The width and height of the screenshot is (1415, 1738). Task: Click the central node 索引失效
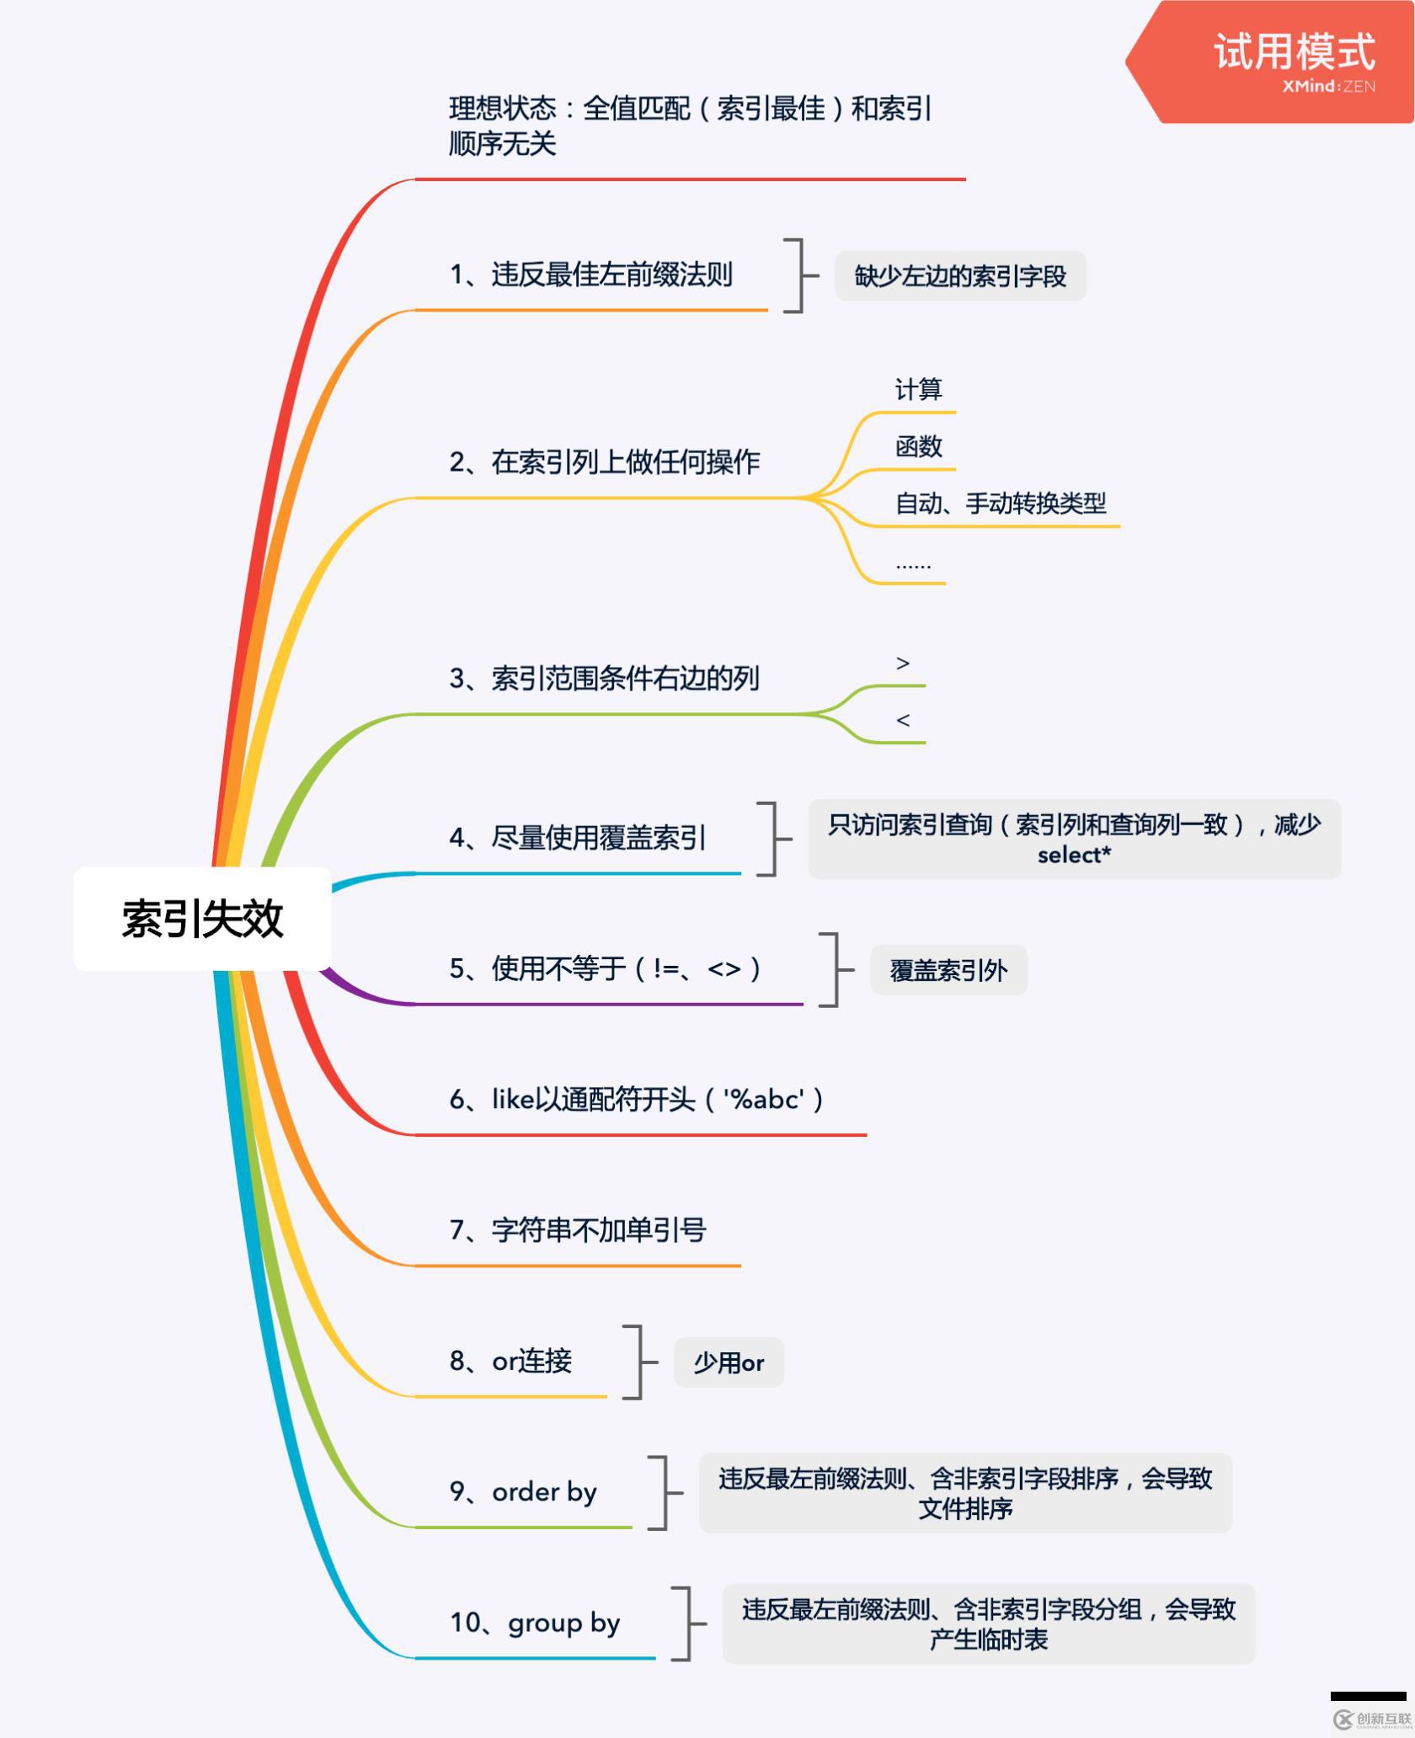point(202,918)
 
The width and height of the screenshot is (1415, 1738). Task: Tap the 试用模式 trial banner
point(1272,61)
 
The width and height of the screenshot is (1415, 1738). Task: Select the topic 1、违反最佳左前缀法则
point(590,275)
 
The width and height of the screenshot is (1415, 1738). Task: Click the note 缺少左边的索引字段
point(960,275)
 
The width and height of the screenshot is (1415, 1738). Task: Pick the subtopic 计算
point(918,389)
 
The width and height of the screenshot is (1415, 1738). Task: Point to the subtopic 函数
point(918,446)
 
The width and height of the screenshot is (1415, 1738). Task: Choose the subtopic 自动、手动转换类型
point(1001,504)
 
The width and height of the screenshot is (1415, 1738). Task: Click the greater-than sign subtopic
point(903,664)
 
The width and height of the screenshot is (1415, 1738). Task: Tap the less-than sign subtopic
point(903,720)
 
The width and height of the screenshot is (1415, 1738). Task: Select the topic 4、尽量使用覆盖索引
point(578,837)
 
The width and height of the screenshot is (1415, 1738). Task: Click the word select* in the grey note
point(1074,855)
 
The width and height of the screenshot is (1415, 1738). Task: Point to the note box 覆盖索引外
point(948,970)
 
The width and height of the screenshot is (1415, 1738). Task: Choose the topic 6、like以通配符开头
point(637,1099)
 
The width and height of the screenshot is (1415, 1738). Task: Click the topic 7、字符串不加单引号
point(578,1230)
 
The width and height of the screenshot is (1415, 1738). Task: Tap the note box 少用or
point(729,1362)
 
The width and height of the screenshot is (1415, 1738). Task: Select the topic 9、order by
point(523,1492)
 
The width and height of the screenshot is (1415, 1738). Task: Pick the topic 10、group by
point(535,1623)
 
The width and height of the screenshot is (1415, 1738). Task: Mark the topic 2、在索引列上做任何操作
point(605,461)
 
